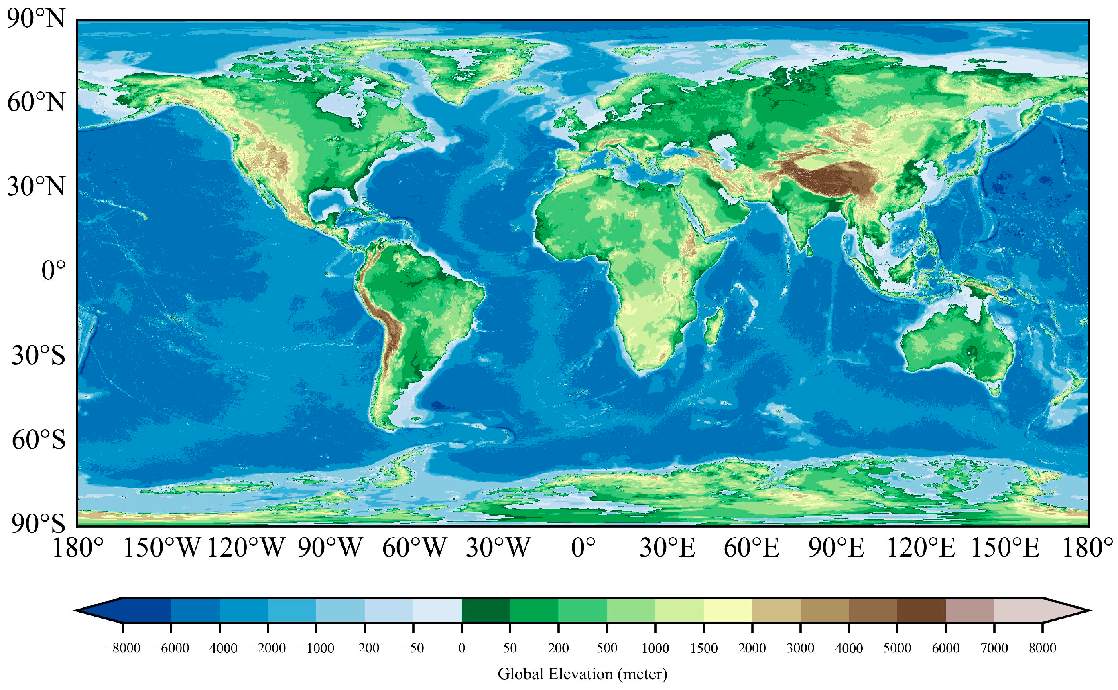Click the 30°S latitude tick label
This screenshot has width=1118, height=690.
click(x=39, y=356)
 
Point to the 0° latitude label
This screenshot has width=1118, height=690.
click(x=53, y=271)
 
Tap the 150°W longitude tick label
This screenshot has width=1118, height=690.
click(x=162, y=548)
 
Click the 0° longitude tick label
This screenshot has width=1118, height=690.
click(x=583, y=548)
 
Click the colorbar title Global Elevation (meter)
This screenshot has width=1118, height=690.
click(x=582, y=674)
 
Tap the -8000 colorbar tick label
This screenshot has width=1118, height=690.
click(x=122, y=648)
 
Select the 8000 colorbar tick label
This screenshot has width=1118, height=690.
click(x=1042, y=648)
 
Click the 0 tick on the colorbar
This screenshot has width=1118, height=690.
click(x=462, y=648)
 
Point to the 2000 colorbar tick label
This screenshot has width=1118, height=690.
click(x=752, y=648)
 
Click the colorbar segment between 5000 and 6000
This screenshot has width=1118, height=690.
click(x=921, y=610)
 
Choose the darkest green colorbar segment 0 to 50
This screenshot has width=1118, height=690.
click(x=486, y=610)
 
